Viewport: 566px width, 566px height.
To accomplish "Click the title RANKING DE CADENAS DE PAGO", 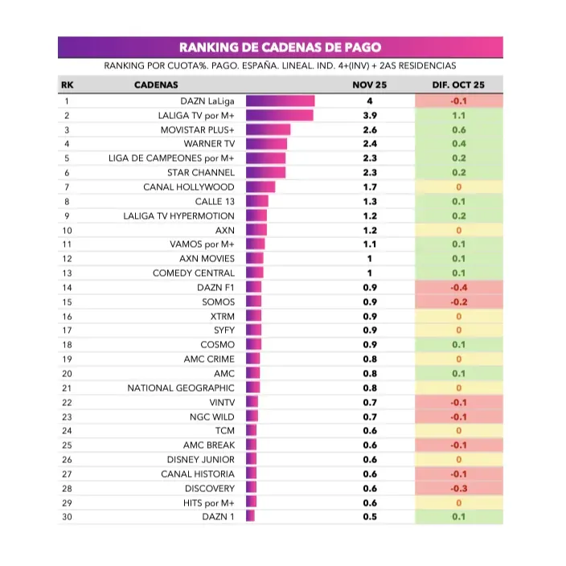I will tap(280, 47).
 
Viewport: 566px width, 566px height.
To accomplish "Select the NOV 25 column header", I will tap(370, 84).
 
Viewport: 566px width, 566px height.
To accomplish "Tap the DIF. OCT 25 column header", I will tap(459, 84).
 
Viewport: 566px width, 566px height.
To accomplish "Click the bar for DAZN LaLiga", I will tap(280, 101).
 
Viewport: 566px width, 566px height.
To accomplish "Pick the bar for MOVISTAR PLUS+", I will tap(268, 130).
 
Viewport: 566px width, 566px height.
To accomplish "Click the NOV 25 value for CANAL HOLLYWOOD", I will tap(370, 187).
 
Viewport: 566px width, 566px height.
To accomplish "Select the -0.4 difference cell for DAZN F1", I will tap(459, 287).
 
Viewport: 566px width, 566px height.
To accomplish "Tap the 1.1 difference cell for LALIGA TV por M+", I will tap(459, 116).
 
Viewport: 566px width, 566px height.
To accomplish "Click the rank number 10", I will tap(68, 230).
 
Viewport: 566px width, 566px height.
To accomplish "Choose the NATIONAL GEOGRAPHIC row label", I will tap(181, 388).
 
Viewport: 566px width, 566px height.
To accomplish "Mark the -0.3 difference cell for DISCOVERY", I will tap(459, 488).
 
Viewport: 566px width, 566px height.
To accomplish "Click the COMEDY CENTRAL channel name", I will tap(194, 273).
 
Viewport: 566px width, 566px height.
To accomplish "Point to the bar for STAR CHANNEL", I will tap(266, 173).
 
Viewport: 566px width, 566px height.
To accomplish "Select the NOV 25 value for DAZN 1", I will tap(370, 516).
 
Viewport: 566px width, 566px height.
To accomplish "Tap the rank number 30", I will tap(68, 516).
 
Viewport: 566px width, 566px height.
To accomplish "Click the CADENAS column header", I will tap(156, 84).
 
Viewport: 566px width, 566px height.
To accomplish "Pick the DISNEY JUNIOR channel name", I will tap(201, 459).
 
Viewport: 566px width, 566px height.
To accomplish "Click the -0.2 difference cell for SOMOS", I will tap(459, 301).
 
